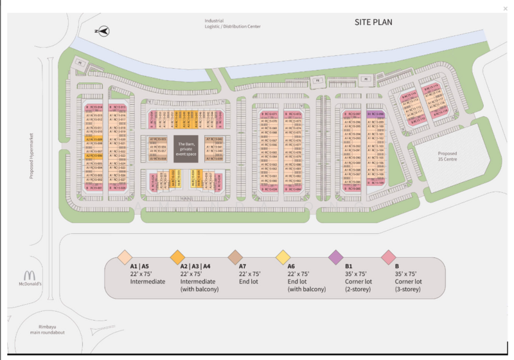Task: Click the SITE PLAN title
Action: coord(373,22)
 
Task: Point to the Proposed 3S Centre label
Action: coord(447,157)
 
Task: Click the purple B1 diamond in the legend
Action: coord(335,257)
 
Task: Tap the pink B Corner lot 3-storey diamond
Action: coord(388,257)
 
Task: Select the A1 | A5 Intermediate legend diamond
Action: coord(125,257)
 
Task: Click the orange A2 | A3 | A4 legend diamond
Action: coord(177,257)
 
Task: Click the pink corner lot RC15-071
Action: coord(270,113)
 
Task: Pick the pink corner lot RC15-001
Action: coord(94,188)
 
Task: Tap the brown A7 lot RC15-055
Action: coord(158,139)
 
